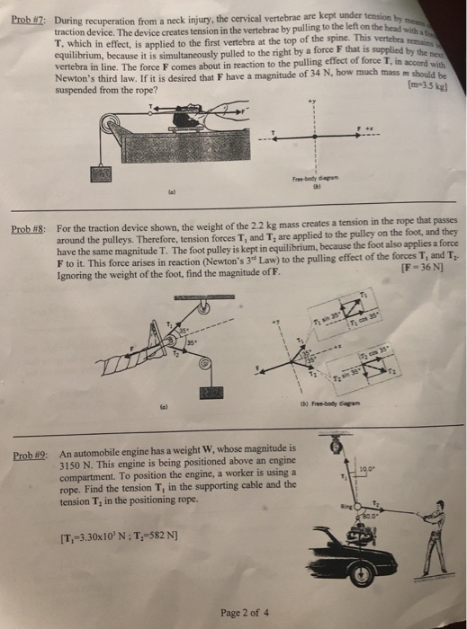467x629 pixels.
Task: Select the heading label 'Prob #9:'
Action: [27, 456]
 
